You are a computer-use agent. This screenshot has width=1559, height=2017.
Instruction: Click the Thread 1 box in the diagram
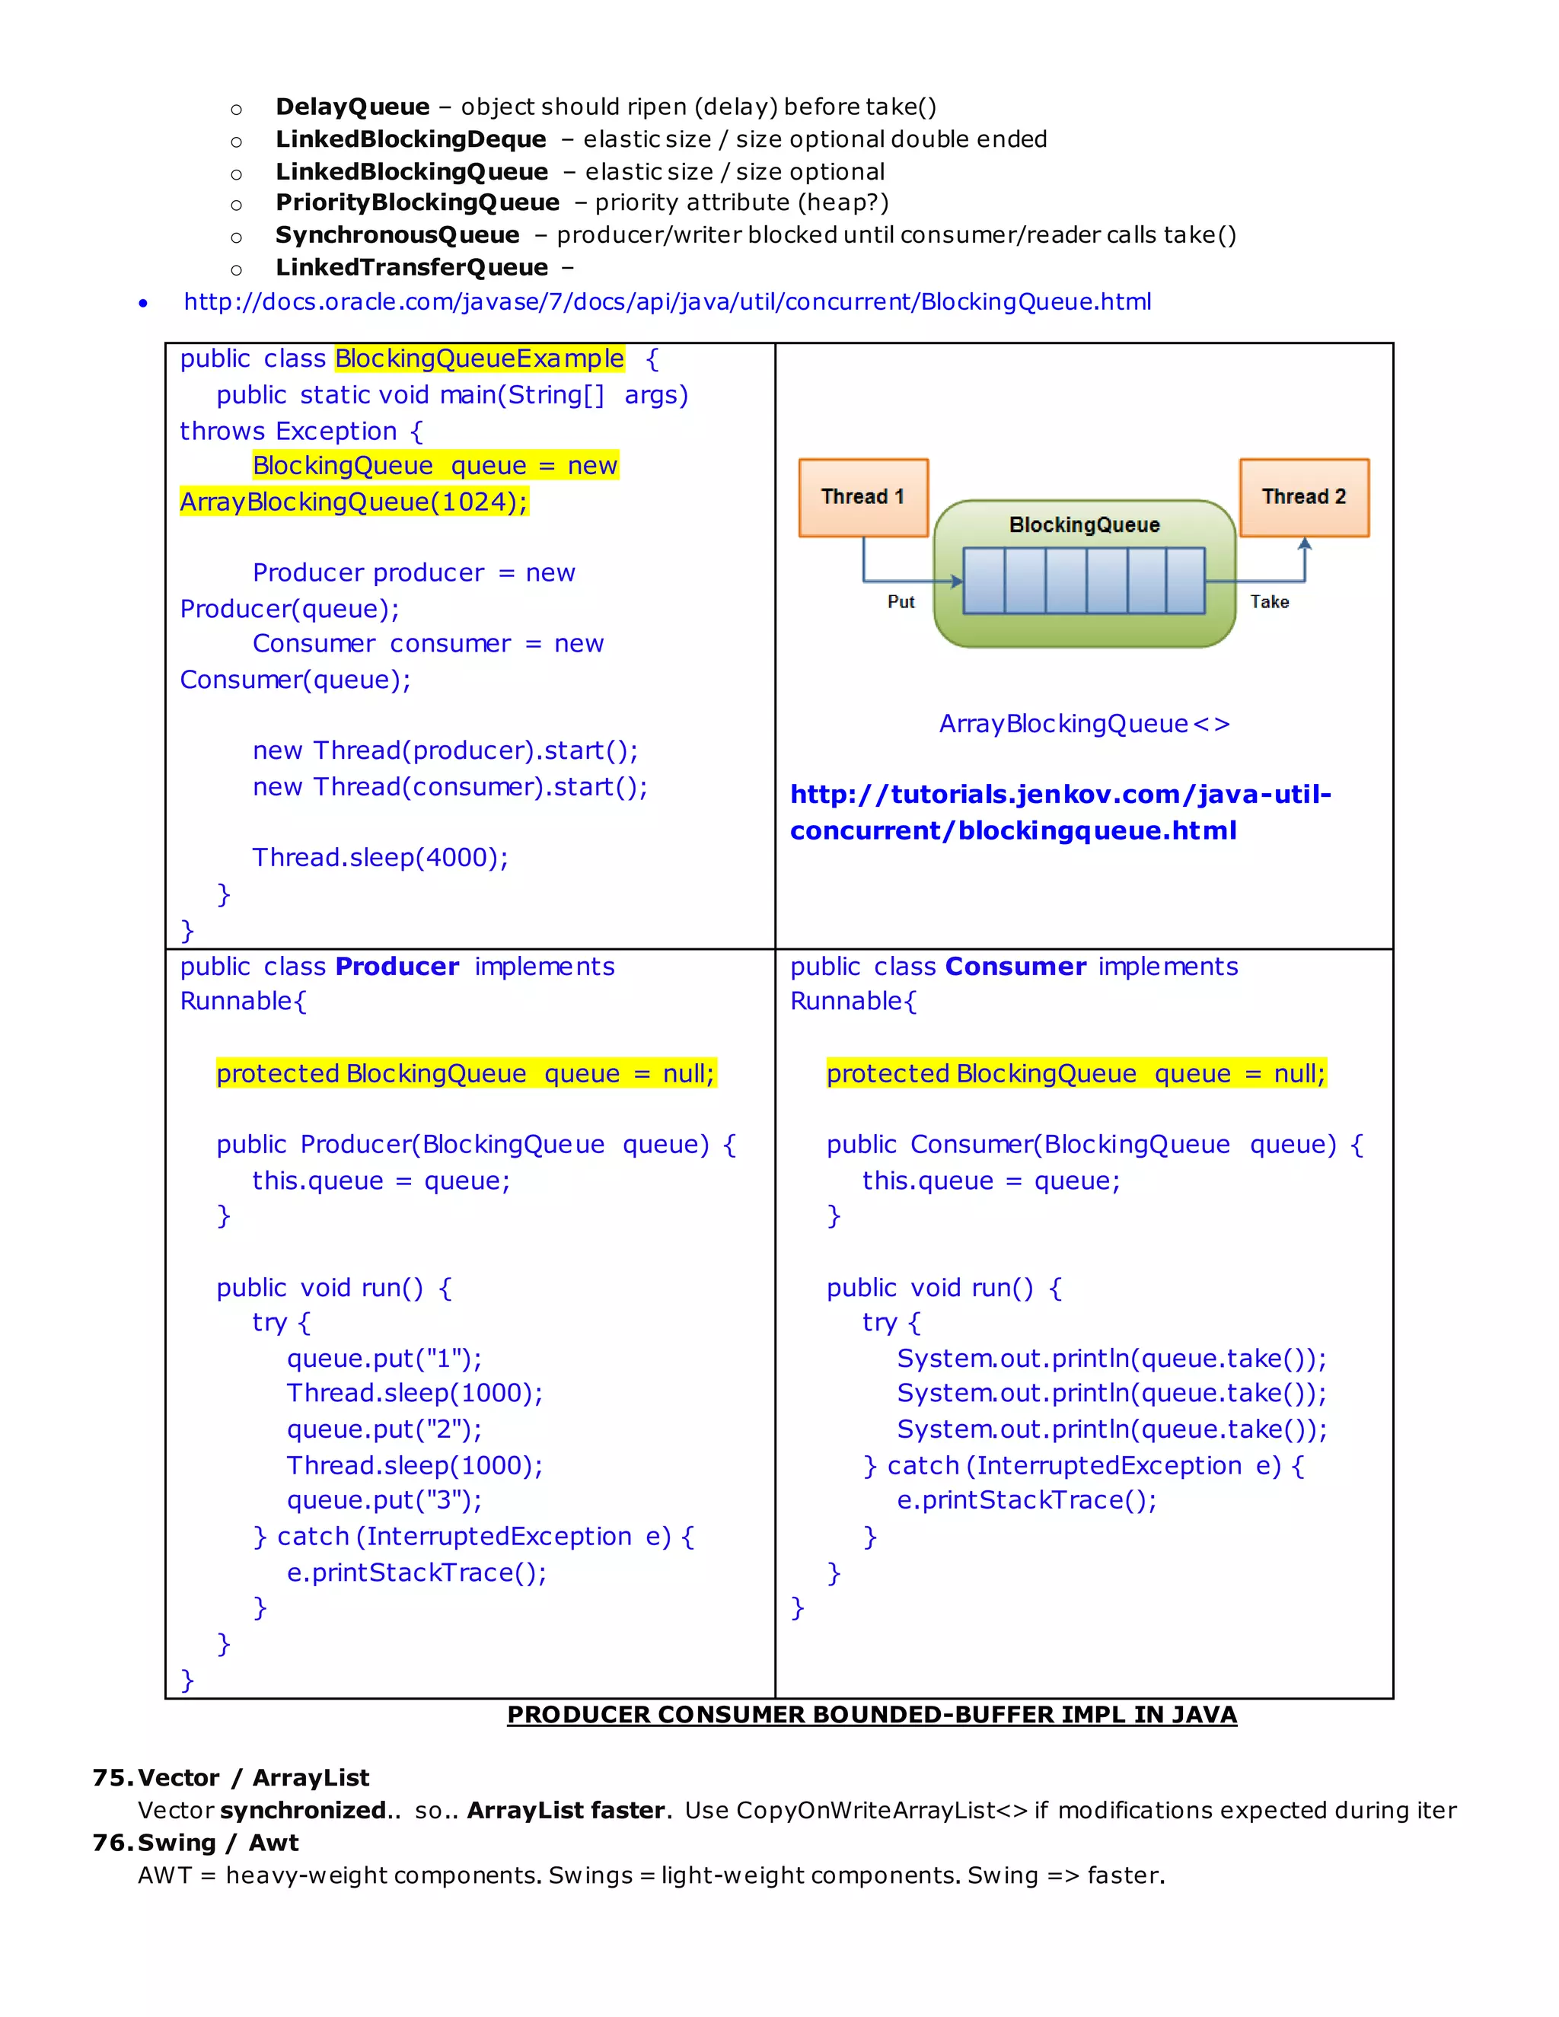point(862,498)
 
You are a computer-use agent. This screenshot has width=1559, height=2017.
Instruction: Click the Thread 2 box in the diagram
point(1303,498)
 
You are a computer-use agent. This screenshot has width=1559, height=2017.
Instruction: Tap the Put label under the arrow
point(901,602)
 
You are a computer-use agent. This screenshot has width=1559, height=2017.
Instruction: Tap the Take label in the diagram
point(1269,602)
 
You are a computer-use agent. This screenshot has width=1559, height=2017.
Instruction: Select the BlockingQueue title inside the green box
point(1083,525)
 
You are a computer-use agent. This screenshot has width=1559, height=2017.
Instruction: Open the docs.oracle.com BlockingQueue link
point(667,302)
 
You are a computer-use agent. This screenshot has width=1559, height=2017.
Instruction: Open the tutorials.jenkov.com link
point(1060,812)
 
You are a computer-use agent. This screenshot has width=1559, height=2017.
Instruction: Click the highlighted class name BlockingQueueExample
point(480,358)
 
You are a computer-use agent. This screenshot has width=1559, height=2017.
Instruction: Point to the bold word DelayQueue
point(352,107)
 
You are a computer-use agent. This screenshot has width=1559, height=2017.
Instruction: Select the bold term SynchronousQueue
point(397,235)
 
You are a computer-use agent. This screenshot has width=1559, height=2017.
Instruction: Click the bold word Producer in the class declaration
point(397,967)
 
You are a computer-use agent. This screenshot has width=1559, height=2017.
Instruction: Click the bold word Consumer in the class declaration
point(1015,967)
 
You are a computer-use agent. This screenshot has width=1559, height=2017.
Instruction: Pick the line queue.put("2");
point(384,1429)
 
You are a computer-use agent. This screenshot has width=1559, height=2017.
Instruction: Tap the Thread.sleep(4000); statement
point(381,858)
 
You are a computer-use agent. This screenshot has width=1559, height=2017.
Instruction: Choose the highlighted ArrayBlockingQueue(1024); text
point(354,502)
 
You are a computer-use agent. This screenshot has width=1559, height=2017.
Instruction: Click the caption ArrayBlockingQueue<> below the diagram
point(1083,724)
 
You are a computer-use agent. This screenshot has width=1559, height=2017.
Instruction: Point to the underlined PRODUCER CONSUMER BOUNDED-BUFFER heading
point(871,1715)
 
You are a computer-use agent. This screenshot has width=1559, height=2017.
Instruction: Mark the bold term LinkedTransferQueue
point(412,268)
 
